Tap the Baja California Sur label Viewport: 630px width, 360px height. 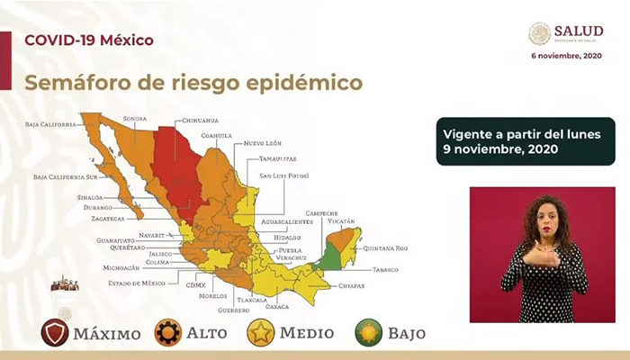coord(66,177)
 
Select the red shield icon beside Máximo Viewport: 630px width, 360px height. coord(55,332)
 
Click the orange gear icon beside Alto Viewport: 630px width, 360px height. coord(168,332)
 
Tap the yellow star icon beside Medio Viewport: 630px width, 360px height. coord(261,332)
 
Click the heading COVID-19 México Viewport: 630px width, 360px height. coord(88,40)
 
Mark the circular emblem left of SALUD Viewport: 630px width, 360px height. coord(539,34)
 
